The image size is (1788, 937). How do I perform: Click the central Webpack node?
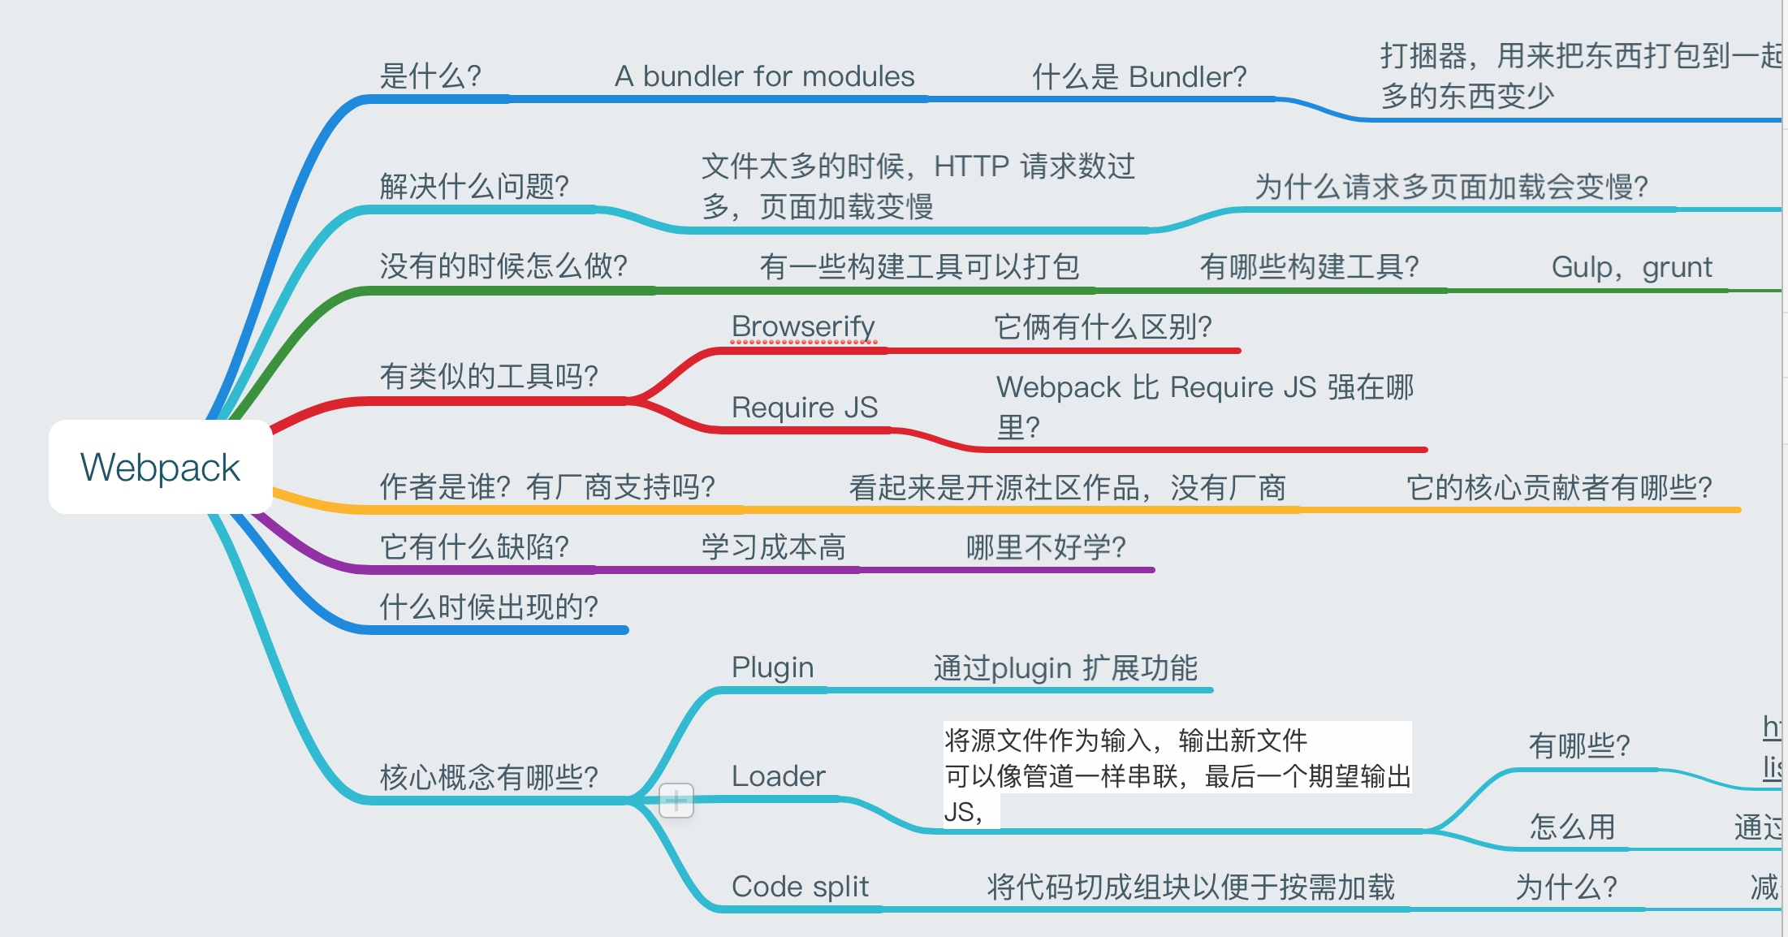pos(160,467)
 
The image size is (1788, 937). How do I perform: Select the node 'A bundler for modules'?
pos(764,77)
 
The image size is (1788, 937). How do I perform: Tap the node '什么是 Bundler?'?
pos(1138,77)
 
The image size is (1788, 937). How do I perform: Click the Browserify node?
pos(802,326)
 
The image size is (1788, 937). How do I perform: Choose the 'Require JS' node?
pos(804,407)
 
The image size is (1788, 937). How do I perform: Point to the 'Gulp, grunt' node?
pos(1630,267)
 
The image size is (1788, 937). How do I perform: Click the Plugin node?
pos(772,667)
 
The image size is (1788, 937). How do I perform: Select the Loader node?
pos(778,776)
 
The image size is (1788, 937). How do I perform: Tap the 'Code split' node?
pos(800,887)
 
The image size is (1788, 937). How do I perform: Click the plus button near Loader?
pos(676,801)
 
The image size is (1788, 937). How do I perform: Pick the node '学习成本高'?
pos(773,547)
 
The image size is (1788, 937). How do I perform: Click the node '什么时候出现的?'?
pos(489,607)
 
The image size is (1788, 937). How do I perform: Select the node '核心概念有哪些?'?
pos(489,777)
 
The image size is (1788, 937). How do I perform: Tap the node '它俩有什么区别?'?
pos(1103,327)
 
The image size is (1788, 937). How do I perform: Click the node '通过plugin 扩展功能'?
pos(1065,668)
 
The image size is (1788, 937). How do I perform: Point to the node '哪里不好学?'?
pos(1046,547)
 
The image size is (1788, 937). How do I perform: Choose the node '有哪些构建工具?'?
pos(1309,267)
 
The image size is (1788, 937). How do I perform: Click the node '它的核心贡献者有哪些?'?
pos(1559,487)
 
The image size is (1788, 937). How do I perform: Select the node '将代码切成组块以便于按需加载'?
pos(1190,887)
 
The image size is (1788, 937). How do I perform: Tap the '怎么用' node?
pos(1572,827)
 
